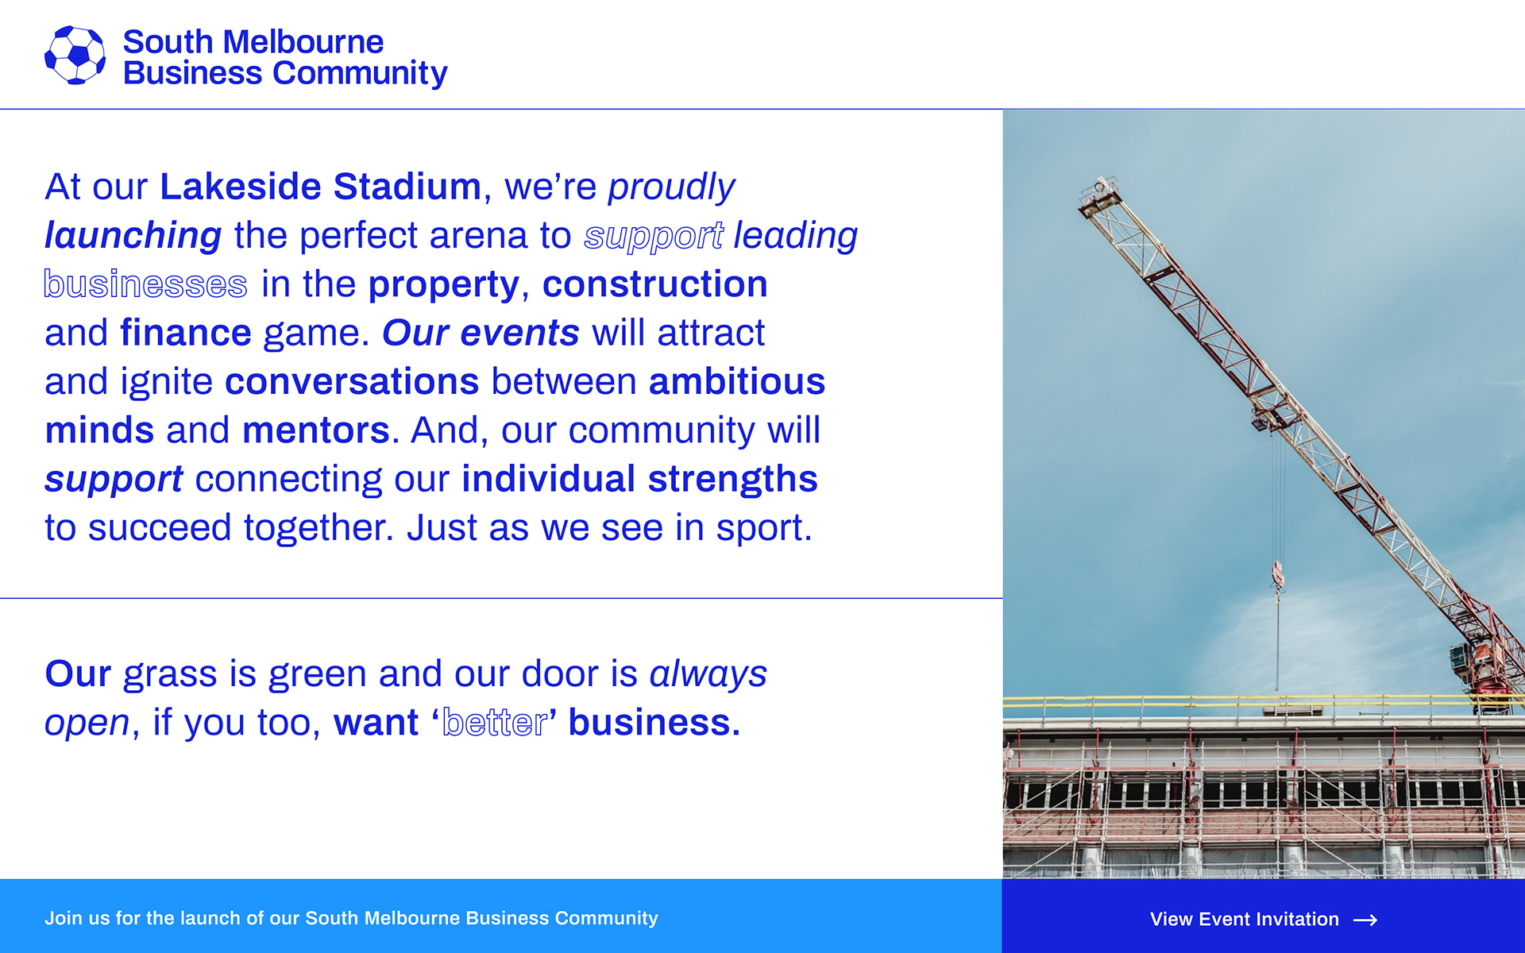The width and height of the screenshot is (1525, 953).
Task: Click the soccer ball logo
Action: point(75,55)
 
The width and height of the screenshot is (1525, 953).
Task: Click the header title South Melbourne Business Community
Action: point(285,57)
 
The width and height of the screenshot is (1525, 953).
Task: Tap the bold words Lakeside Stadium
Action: point(320,187)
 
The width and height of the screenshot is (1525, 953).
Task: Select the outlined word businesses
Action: point(145,284)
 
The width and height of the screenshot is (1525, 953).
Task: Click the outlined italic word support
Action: point(654,237)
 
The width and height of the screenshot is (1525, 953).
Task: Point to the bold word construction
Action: point(655,284)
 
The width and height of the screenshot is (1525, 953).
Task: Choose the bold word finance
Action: point(186,333)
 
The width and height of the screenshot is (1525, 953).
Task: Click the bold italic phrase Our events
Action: point(481,333)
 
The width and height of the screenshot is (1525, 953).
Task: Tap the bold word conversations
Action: point(352,381)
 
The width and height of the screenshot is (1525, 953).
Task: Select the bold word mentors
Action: point(316,430)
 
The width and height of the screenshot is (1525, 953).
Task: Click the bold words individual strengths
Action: point(639,480)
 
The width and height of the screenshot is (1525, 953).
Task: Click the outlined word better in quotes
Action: point(495,723)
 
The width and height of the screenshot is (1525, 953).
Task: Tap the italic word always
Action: point(708,675)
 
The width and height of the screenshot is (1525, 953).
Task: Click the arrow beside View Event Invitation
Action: point(1365,920)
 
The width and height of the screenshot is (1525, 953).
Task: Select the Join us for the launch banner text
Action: point(351,918)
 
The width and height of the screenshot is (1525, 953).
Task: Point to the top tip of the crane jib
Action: point(1100,179)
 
